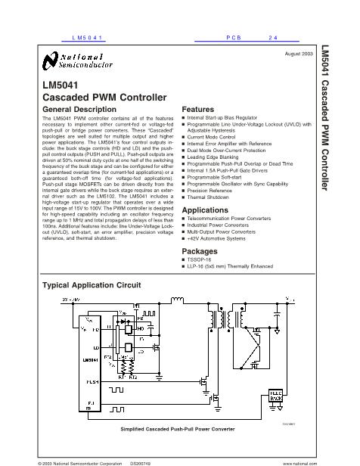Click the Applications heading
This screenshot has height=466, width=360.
(206, 210)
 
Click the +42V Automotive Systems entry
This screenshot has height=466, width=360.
(219, 239)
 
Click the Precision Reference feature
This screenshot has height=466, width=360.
(211, 191)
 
